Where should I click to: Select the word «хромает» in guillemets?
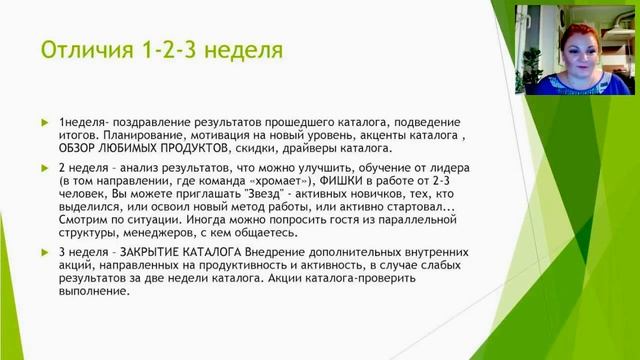click(x=303, y=181)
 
